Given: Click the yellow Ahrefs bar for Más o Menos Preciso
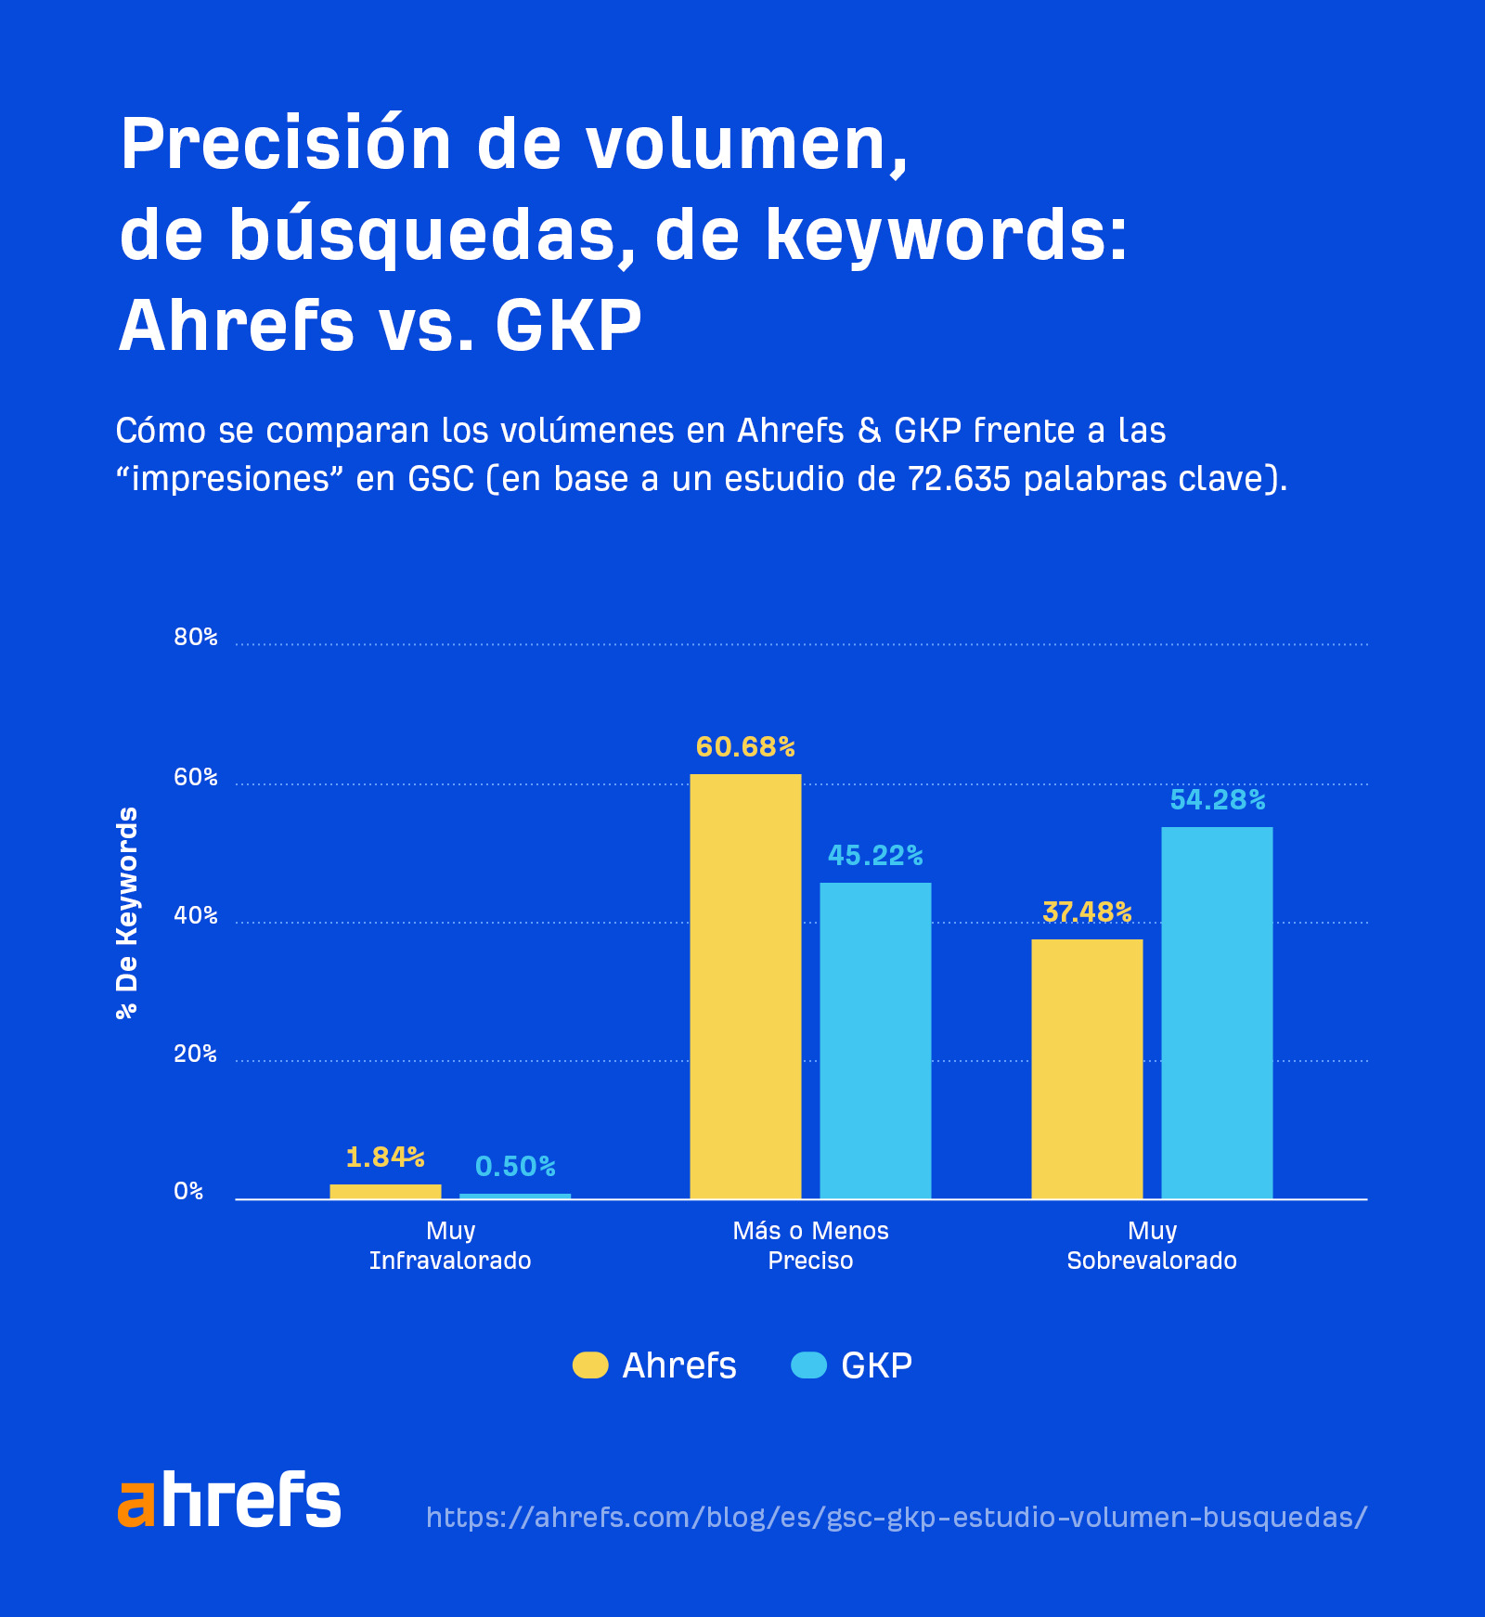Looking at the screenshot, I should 745,986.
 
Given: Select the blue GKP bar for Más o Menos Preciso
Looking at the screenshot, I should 875,1041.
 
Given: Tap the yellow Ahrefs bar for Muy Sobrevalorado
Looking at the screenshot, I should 1087,1068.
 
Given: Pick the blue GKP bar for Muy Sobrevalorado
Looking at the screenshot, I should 1217,1013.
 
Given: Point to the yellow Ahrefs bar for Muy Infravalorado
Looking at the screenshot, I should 385,1191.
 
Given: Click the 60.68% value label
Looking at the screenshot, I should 745,747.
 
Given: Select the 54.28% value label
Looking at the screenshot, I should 1218,800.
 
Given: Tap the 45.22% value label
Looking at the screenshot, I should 875,856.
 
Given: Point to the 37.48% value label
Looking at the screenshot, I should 1087,912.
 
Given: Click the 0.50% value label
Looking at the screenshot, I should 515,1167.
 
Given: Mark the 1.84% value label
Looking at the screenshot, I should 385,1158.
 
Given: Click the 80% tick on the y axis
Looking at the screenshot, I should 195,638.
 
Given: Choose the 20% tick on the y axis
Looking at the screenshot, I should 195,1054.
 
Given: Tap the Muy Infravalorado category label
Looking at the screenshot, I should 450,1246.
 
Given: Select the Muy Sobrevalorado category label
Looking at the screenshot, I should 1152,1246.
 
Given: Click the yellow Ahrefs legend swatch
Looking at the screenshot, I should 590,1365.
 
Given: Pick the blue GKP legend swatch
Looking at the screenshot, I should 808,1365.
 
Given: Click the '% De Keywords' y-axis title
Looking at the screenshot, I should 127,913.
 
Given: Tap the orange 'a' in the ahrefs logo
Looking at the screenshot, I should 136,1503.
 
